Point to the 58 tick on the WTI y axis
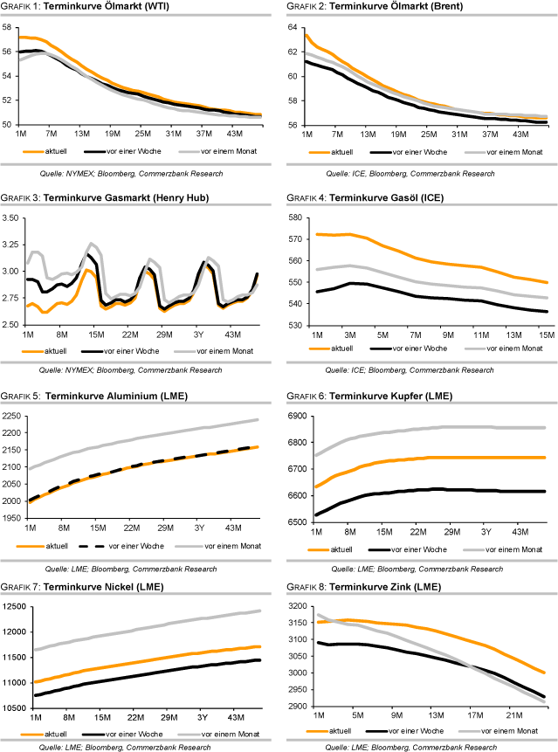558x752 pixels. coord(8,27)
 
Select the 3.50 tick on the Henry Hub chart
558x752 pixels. coord(11,217)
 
